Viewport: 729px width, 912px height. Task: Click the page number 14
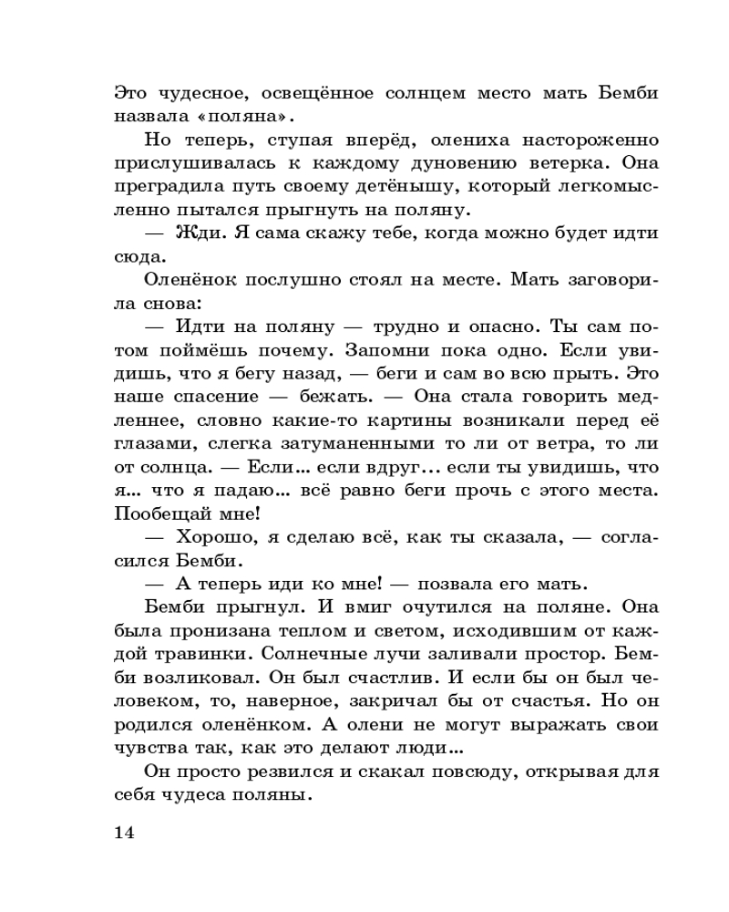(125, 834)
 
